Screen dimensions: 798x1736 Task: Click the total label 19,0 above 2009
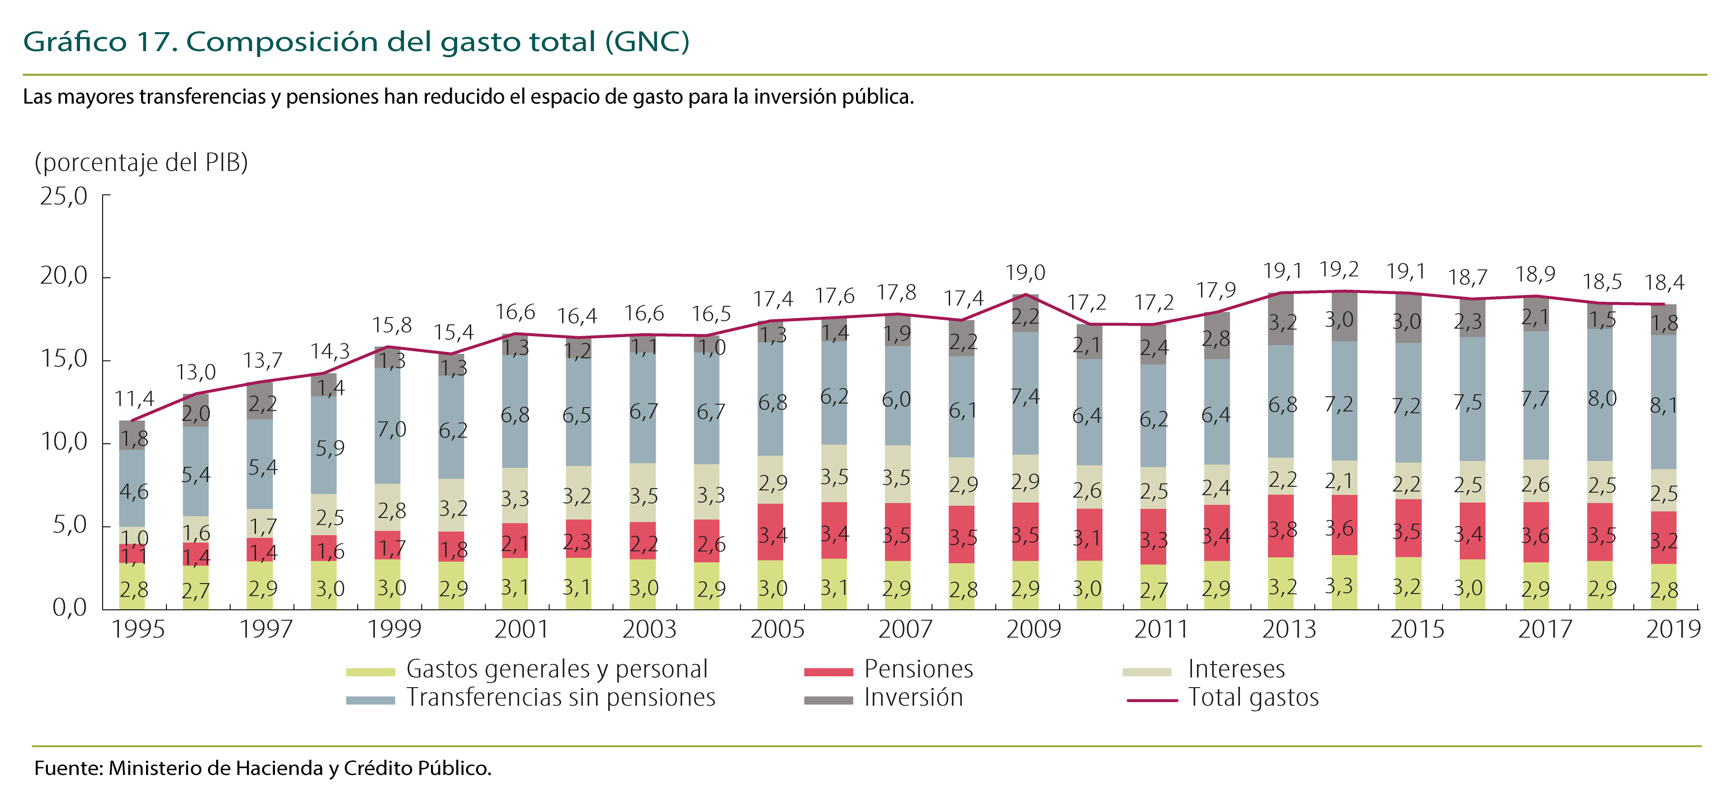pyautogui.click(x=1025, y=273)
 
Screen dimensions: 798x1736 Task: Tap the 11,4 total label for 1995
pyautogui.click(x=134, y=399)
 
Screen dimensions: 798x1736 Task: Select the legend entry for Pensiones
pyautogui.click(x=918, y=669)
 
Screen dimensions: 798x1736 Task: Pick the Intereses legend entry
pyautogui.click(x=1236, y=669)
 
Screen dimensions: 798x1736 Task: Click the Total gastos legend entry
pyautogui.click(x=1253, y=698)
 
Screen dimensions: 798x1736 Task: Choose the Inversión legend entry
pyautogui.click(x=913, y=698)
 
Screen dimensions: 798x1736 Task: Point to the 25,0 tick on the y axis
pyautogui.click(x=64, y=196)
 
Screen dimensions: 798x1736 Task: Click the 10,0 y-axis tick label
pyautogui.click(x=64, y=442)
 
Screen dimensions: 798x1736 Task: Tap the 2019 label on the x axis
pyautogui.click(x=1673, y=630)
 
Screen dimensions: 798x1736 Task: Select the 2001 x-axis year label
pyautogui.click(x=521, y=630)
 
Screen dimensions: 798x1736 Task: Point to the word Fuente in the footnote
pyautogui.click(x=68, y=768)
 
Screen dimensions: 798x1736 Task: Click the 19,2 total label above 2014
pyautogui.click(x=1339, y=270)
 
